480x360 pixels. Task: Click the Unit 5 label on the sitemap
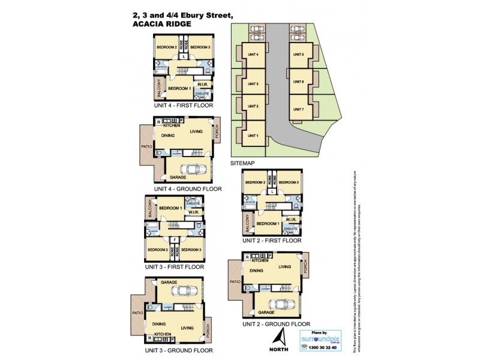[x=298, y=55]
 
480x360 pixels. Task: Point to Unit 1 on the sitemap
[x=253, y=135]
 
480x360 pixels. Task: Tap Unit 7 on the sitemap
[x=298, y=109]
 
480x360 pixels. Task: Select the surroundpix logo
[x=320, y=339]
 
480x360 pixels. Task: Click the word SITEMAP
[x=243, y=163]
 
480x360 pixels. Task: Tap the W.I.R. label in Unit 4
[x=202, y=85]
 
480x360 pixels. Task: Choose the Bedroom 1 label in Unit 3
[x=170, y=208]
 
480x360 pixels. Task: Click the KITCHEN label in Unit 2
[x=260, y=260]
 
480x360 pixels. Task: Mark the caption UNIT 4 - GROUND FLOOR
[x=188, y=188]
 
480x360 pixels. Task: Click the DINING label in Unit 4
[x=168, y=136]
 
